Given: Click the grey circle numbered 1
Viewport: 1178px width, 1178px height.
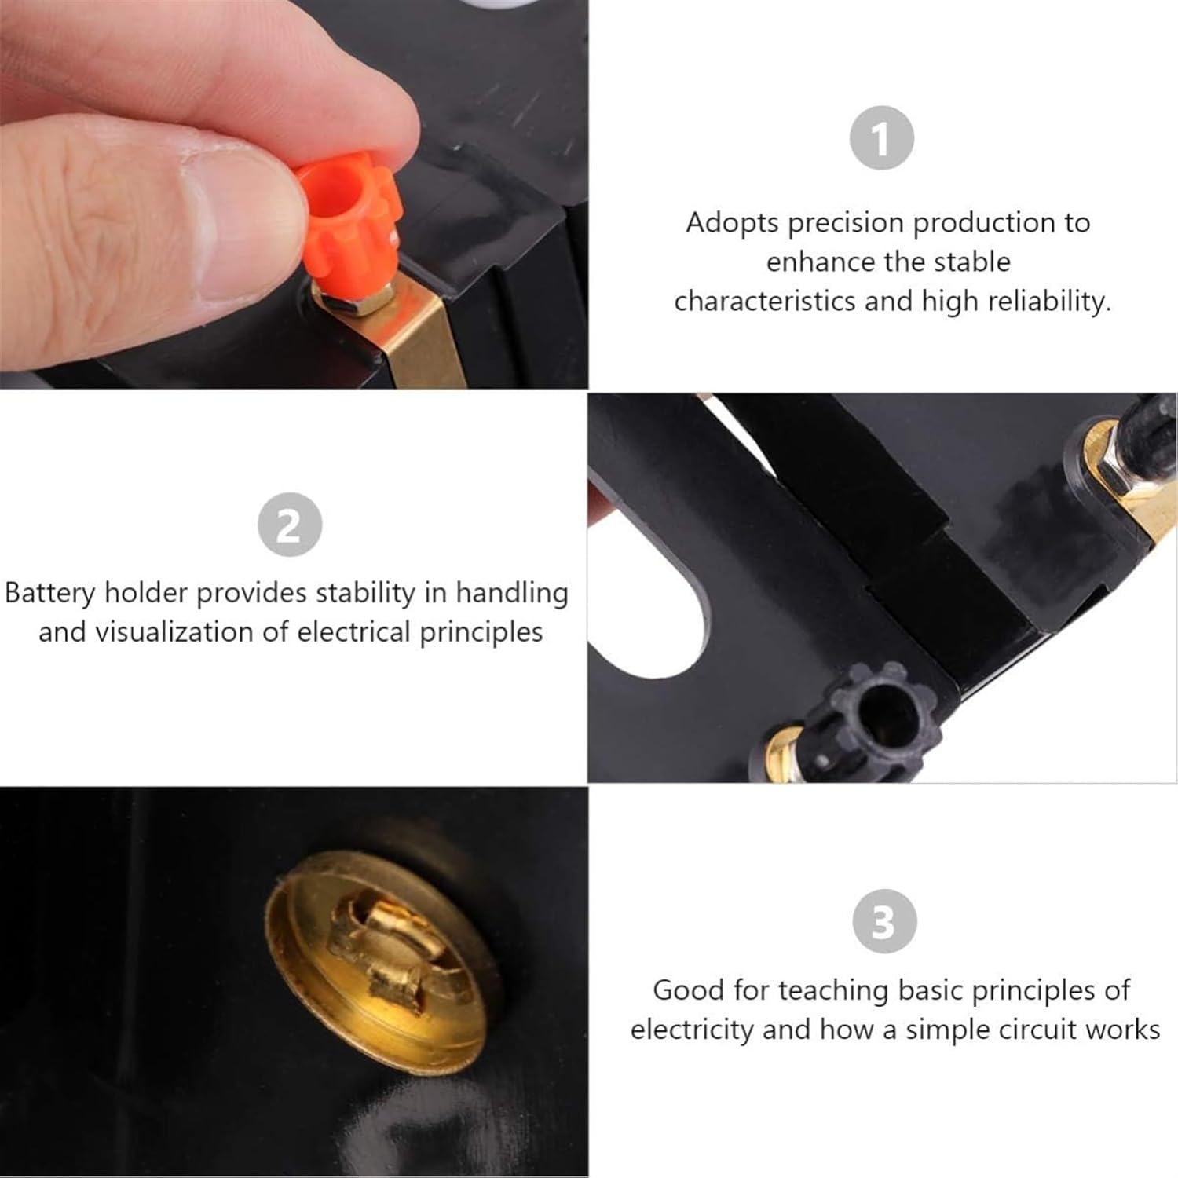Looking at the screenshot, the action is [x=882, y=138].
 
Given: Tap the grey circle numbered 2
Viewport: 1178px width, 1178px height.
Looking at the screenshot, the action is [x=290, y=525].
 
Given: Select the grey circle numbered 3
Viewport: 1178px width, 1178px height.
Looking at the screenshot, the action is [x=885, y=921].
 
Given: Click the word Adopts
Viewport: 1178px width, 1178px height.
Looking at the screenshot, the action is [x=733, y=223].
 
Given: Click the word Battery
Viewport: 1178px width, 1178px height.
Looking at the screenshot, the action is [x=50, y=593].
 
